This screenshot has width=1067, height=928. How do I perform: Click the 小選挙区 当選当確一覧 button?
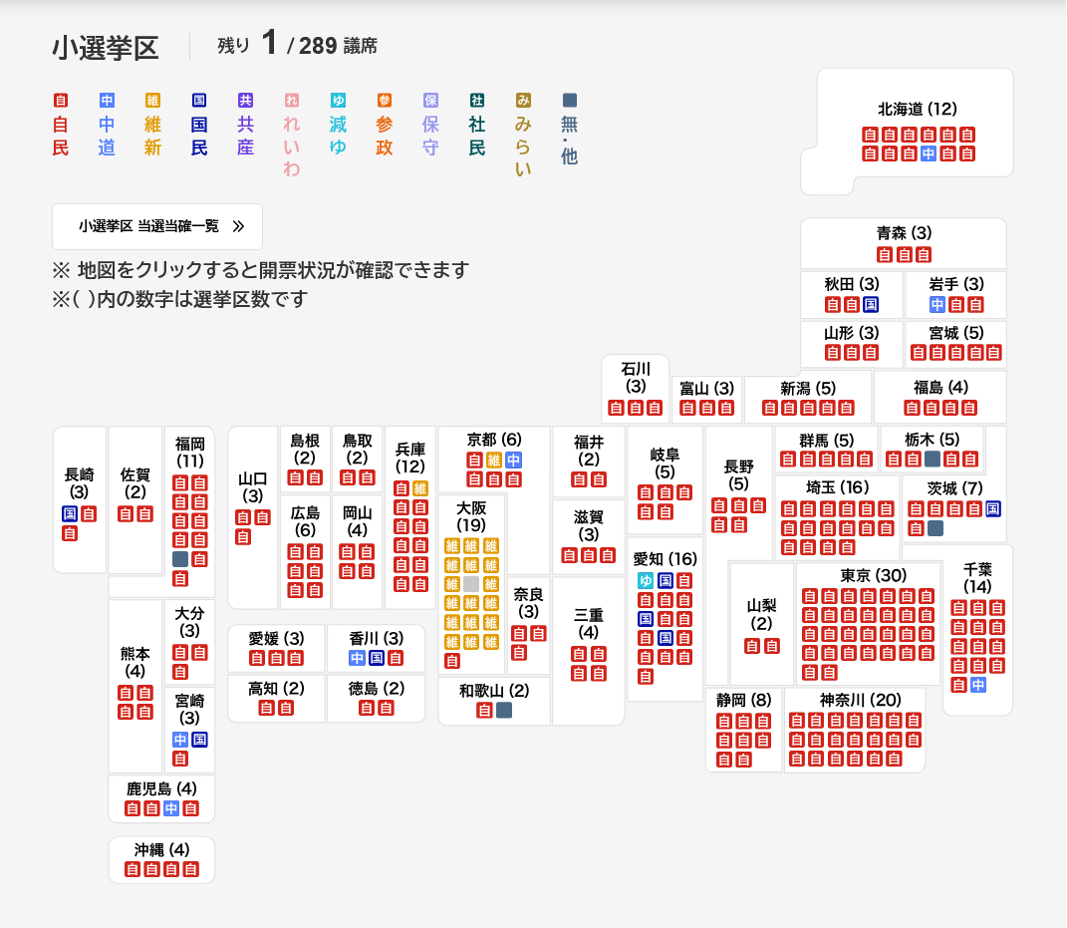157,226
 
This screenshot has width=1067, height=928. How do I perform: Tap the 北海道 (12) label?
918,109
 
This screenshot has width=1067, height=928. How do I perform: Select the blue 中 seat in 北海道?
929,154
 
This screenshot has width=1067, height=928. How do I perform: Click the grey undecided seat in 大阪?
471,584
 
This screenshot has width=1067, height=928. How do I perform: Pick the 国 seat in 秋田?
871,304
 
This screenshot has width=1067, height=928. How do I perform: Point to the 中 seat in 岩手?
937,304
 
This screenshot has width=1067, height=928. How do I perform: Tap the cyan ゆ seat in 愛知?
646,581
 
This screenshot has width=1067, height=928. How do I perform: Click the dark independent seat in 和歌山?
504,711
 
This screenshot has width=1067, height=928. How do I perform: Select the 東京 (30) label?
873,575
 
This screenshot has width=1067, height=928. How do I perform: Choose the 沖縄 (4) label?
162,849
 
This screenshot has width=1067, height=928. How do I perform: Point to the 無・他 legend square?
570,100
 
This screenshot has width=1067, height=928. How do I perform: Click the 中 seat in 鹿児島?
171,808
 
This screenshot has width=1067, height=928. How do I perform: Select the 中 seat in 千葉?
978,685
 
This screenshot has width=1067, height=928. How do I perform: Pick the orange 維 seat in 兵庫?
420,488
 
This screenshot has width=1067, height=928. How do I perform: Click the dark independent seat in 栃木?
933,459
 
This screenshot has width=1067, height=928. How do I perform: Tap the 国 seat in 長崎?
70,514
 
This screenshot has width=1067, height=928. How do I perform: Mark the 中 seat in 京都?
514,460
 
